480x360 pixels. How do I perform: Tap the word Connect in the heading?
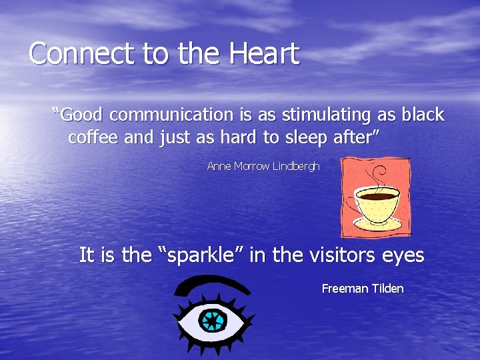(x=74, y=53)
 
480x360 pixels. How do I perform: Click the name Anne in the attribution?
(x=219, y=166)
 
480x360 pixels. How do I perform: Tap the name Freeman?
(x=344, y=289)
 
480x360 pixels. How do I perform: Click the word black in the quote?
(x=423, y=115)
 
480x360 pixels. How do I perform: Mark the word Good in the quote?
(x=79, y=115)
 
